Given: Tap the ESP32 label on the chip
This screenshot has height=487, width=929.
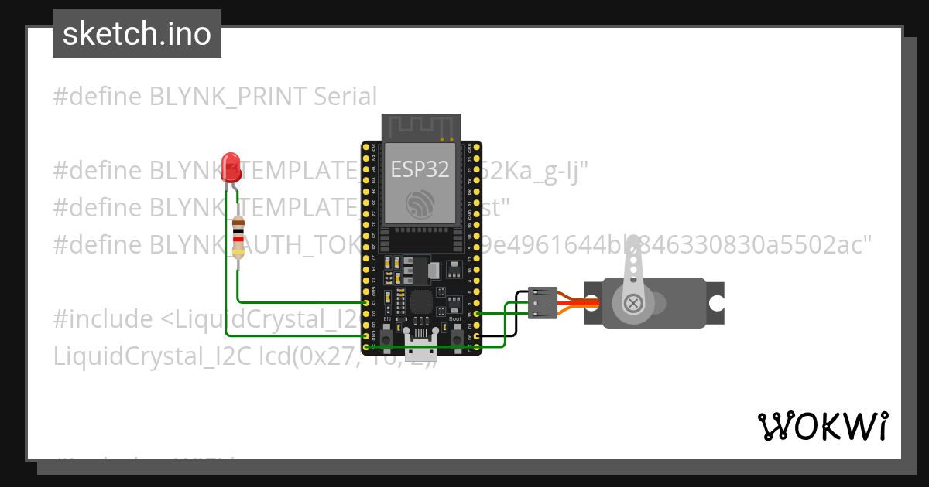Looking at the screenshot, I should click(x=420, y=169).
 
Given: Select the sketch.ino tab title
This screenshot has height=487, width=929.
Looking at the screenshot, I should click(x=137, y=34).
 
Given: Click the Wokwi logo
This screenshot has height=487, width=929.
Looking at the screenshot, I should click(x=822, y=426).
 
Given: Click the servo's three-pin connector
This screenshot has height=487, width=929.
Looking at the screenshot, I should click(x=543, y=302).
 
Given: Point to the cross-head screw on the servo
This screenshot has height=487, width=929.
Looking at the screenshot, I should click(x=633, y=303).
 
